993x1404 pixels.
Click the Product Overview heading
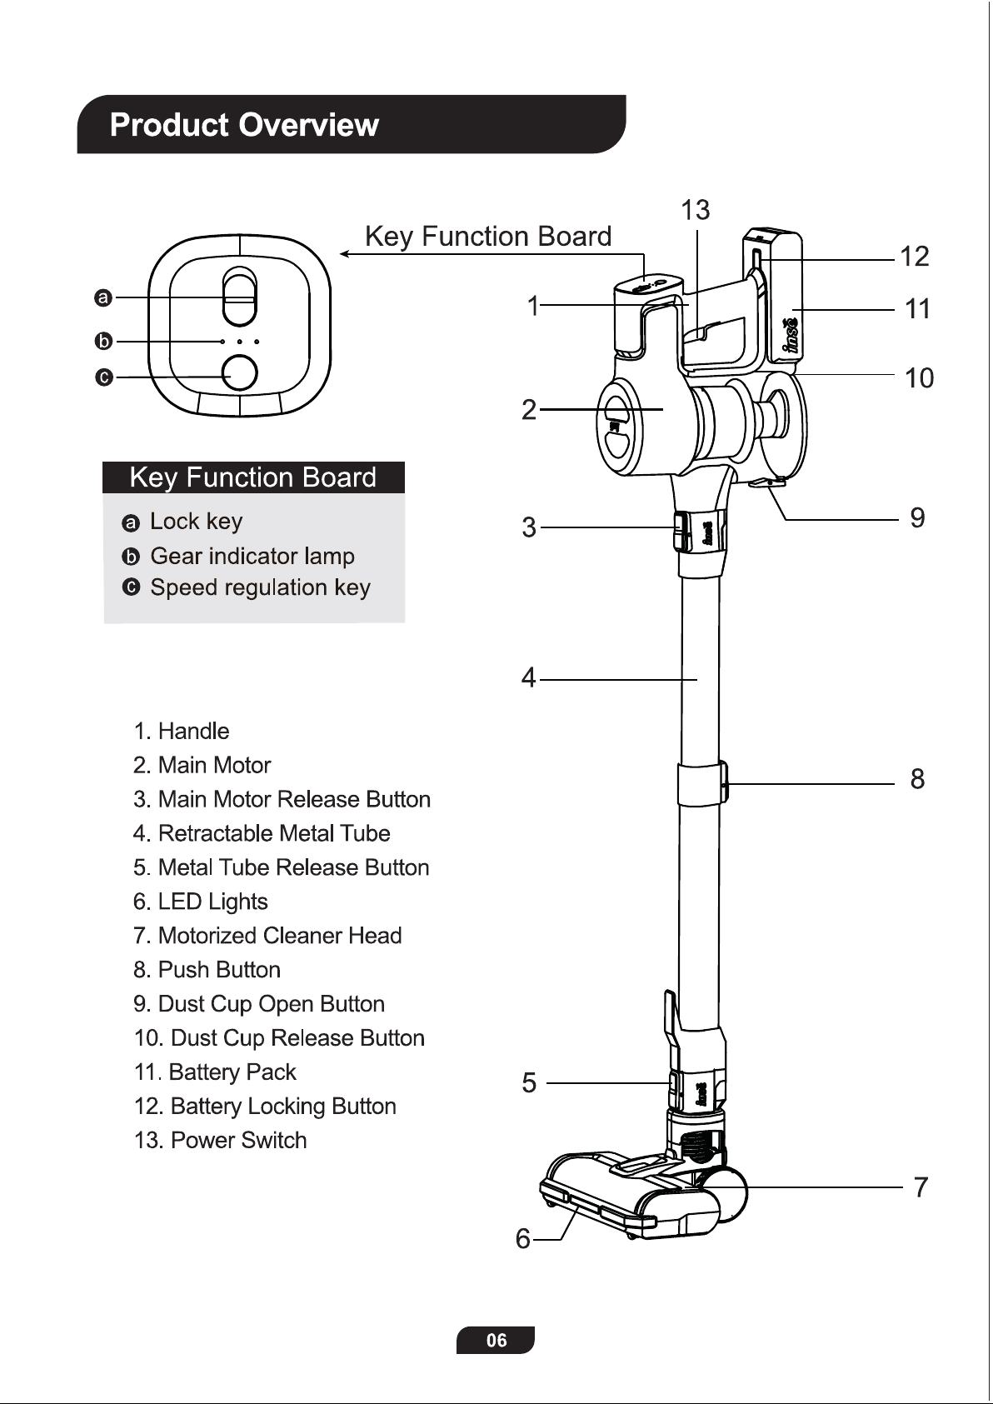244,125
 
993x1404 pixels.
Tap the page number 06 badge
496,1340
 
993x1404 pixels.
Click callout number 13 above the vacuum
696,211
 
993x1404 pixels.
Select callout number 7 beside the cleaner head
920,1187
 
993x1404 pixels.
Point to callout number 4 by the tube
529,678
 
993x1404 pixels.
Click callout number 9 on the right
917,518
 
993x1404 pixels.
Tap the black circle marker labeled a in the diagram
103,297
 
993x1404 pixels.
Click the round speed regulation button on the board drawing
241,373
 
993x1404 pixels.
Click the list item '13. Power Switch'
221,1140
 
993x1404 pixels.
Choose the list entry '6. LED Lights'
201,902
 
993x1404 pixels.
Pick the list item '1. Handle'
182,731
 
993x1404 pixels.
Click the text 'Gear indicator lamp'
252,556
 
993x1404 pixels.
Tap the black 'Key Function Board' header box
253,477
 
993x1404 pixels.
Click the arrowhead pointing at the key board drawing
344,254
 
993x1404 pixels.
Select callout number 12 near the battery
915,257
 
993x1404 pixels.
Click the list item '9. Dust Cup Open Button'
259,1003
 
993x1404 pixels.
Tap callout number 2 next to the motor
529,410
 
